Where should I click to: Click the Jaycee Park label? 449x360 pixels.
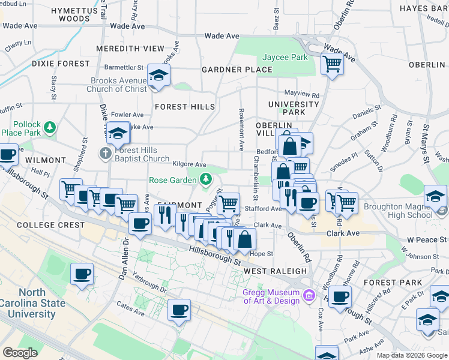[x=285, y=58]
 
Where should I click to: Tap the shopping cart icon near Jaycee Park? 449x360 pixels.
[x=332, y=63]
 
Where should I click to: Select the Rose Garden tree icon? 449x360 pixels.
[x=206, y=179]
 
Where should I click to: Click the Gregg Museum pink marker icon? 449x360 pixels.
[x=309, y=295]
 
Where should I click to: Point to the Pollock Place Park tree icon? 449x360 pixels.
[x=50, y=127]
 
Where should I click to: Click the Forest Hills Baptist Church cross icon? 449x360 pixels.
[x=105, y=154]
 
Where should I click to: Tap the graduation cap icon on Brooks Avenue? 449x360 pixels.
[x=159, y=76]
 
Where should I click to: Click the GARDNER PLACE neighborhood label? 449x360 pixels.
[x=237, y=70]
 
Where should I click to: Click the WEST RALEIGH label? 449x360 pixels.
[x=276, y=272]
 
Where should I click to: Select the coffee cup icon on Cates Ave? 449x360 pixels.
[x=179, y=310]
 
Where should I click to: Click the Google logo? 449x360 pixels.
[x=20, y=353]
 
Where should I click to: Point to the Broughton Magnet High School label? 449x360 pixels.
[x=394, y=211]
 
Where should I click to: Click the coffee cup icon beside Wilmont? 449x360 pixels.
[x=8, y=155]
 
